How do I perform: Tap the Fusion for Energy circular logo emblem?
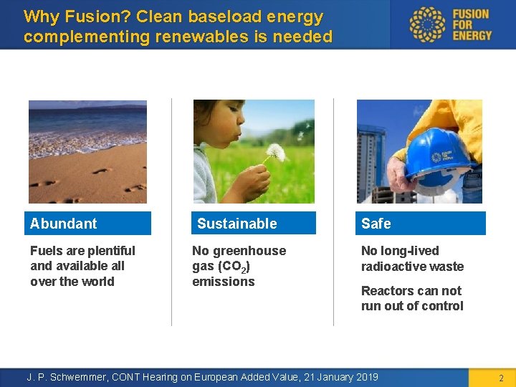point(427,24)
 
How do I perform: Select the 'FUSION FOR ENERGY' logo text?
point(472,24)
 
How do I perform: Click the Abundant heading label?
point(64,224)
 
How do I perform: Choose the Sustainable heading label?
point(236,224)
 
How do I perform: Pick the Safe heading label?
point(376,224)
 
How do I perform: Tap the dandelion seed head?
point(276,152)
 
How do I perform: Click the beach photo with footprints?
point(87,152)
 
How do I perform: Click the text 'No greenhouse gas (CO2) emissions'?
point(238,266)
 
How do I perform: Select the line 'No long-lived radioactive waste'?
point(412,259)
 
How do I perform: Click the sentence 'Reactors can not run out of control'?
point(412,299)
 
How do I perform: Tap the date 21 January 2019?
point(330,377)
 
